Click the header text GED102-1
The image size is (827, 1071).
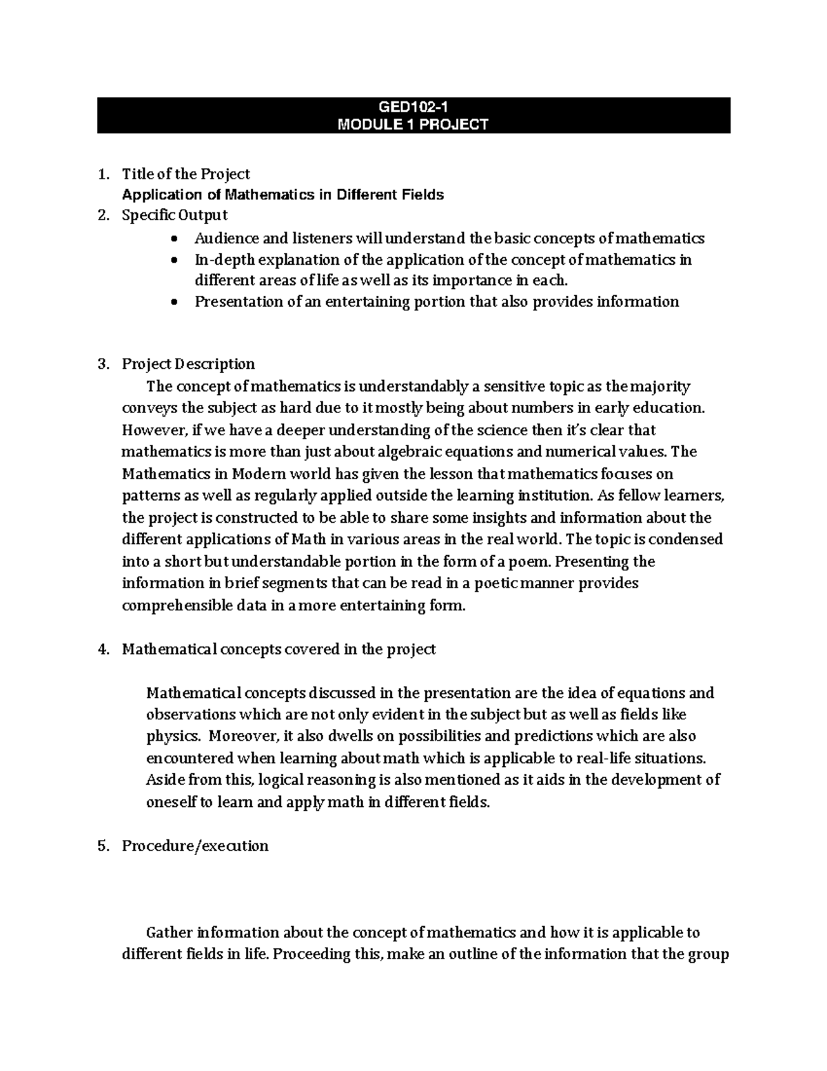(x=413, y=107)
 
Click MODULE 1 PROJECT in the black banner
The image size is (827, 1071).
(x=413, y=125)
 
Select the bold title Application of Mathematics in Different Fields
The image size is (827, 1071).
(x=283, y=195)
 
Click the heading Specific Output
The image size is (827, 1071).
(x=174, y=215)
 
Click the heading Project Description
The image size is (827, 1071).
(x=188, y=364)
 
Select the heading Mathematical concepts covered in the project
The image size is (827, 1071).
(x=278, y=650)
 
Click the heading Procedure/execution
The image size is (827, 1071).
(x=195, y=846)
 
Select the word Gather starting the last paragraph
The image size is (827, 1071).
(x=169, y=934)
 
